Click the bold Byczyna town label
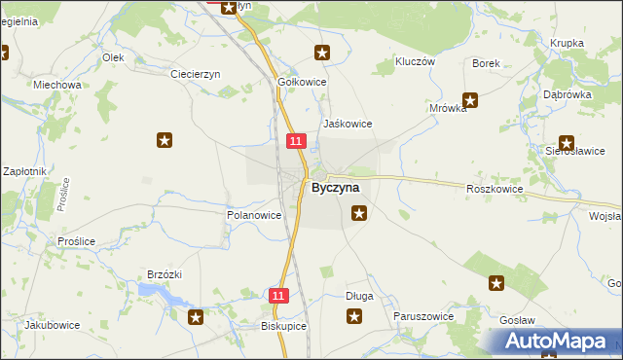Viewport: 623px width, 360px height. click(x=335, y=187)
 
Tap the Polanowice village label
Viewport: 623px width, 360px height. click(x=254, y=215)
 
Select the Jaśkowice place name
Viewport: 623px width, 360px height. click(x=348, y=125)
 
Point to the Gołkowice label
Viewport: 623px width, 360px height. click(x=302, y=83)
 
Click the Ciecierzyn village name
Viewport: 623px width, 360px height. click(x=196, y=74)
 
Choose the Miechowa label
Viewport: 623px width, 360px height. click(x=56, y=85)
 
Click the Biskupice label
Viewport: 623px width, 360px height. click(x=284, y=327)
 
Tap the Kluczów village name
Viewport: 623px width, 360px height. click(x=414, y=61)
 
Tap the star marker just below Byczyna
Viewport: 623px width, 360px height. click(x=359, y=214)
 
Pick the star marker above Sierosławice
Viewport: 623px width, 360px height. click(x=567, y=143)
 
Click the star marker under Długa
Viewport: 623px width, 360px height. click(x=354, y=316)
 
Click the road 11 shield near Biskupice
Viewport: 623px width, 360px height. click(x=279, y=295)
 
